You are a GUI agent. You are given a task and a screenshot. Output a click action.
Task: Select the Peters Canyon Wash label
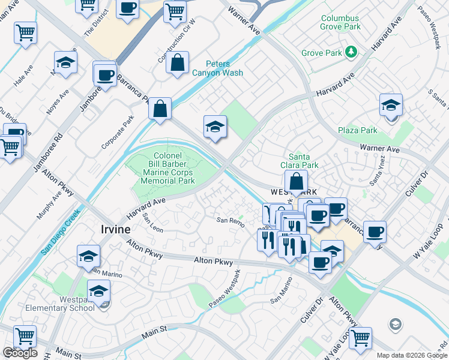(x=217, y=68)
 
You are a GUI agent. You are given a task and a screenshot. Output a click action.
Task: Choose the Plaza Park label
(x=357, y=130)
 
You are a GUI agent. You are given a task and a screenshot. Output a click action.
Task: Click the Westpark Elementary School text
(x=68, y=304)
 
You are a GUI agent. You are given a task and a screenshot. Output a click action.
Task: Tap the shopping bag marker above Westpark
(x=296, y=181)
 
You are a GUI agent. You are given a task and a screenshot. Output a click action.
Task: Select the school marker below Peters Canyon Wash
(x=215, y=127)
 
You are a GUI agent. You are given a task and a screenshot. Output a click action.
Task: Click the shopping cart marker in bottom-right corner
(x=360, y=338)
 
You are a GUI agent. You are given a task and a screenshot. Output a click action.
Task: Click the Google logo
(x=20, y=353)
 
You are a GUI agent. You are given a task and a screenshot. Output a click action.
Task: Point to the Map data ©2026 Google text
(x=412, y=355)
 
